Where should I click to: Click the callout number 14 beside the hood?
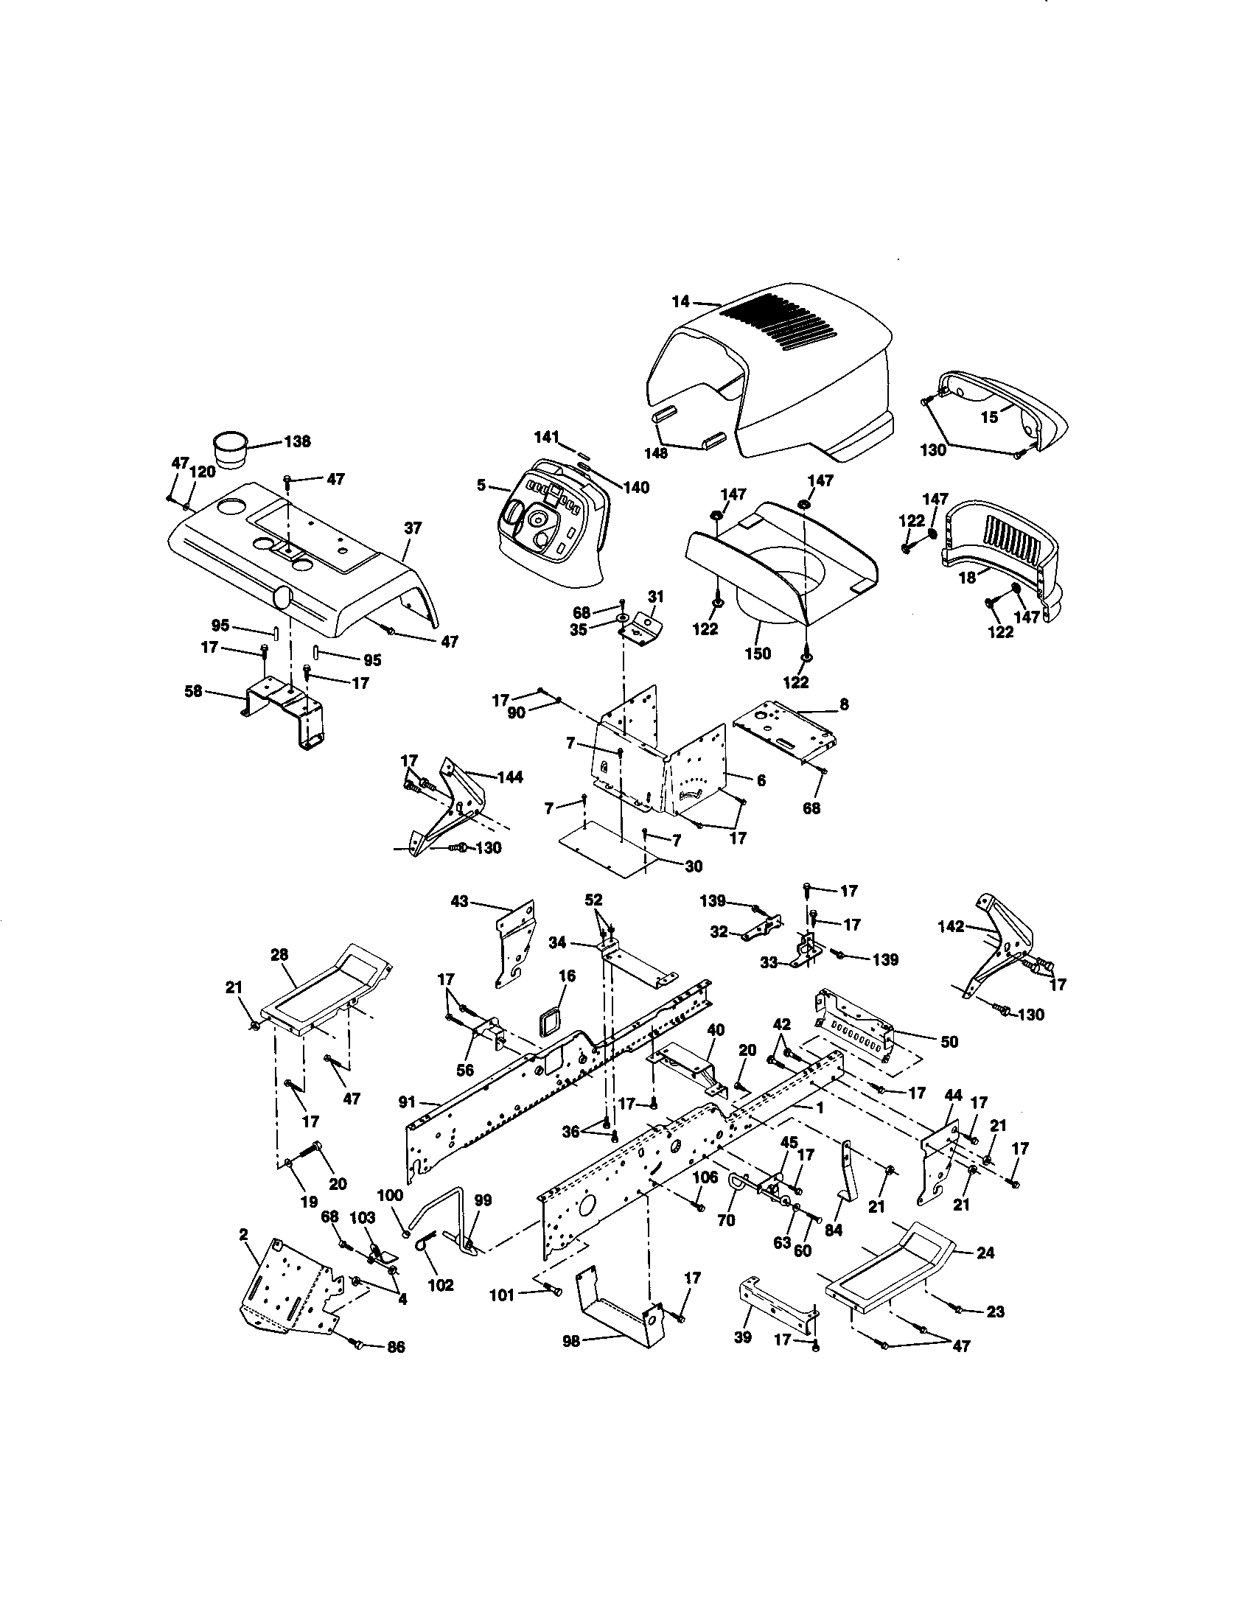click(681, 301)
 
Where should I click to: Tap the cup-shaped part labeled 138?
click(232, 449)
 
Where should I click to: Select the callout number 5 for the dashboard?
click(482, 486)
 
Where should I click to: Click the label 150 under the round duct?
click(758, 653)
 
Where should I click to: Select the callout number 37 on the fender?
click(413, 528)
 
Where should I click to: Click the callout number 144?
click(510, 777)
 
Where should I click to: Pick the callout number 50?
click(949, 1041)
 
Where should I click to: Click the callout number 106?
click(705, 1177)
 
